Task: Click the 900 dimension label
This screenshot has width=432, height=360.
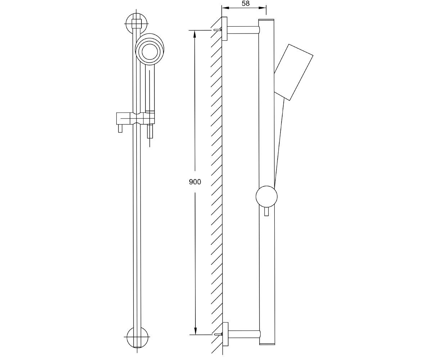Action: tap(195, 182)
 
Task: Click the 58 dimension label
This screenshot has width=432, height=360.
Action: tap(246, 3)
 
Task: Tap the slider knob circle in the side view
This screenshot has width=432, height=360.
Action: tap(266, 197)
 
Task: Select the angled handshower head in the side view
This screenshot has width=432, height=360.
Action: tap(293, 72)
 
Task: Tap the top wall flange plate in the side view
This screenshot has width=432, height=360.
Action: tap(224, 28)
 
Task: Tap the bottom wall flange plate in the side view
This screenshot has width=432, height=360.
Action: tap(225, 334)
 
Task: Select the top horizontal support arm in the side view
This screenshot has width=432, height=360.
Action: tap(243, 30)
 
